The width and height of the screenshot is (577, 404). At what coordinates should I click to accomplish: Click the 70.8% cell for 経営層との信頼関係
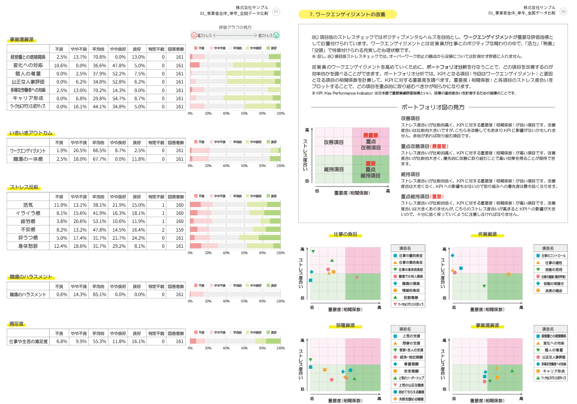point(99,57)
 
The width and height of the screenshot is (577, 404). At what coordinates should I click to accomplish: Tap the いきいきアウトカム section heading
point(31,133)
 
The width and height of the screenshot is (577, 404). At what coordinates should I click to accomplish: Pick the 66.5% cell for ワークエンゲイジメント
point(99,150)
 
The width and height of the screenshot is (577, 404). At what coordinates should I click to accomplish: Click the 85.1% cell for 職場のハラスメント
point(99,294)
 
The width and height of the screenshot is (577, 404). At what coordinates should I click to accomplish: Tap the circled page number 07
point(276,11)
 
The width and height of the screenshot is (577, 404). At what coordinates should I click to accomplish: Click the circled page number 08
point(563,11)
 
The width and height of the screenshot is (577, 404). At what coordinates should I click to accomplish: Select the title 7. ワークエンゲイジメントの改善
point(348,14)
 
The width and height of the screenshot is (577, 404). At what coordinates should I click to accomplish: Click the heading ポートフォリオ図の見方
point(433,107)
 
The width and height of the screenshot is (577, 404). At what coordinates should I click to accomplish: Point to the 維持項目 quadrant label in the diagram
point(334,169)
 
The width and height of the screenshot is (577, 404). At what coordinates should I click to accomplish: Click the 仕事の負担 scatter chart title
point(345,234)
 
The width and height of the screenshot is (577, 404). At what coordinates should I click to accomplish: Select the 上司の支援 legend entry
point(410,336)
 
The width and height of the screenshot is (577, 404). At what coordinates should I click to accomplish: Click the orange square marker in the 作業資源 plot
point(508,274)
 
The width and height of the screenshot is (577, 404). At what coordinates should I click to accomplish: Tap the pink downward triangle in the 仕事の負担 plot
point(357,278)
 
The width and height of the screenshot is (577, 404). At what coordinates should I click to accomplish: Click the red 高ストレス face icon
point(194,35)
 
